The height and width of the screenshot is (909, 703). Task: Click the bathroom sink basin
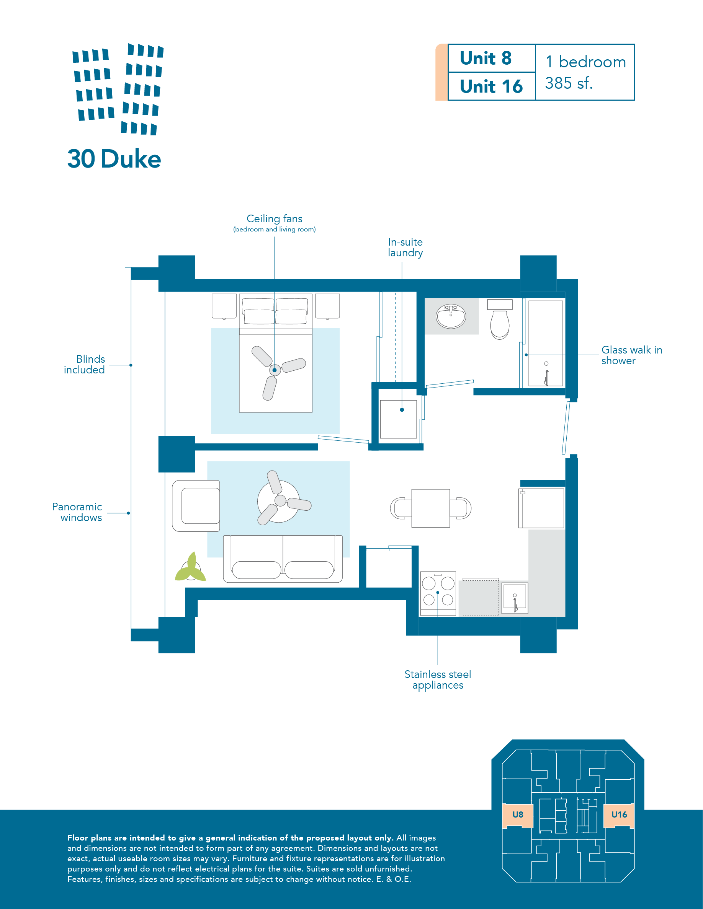pyautogui.click(x=451, y=317)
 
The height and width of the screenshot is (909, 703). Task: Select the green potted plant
pyautogui.click(x=190, y=567)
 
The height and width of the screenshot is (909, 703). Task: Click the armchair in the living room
pyautogui.click(x=196, y=506)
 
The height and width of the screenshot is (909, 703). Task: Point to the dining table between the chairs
pyautogui.click(x=431, y=508)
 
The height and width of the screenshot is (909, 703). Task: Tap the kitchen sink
pyautogui.click(x=515, y=598)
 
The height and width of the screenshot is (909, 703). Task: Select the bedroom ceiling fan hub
pyautogui.click(x=275, y=370)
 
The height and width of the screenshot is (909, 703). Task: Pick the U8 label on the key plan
pyautogui.click(x=518, y=815)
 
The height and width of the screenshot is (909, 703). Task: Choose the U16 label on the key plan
pyautogui.click(x=619, y=815)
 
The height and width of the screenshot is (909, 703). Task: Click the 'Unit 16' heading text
pyautogui.click(x=491, y=86)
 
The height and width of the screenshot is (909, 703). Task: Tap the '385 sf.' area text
pyautogui.click(x=569, y=83)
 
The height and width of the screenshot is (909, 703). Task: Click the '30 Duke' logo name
pyautogui.click(x=114, y=159)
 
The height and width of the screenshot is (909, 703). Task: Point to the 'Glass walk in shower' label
pyautogui.click(x=631, y=355)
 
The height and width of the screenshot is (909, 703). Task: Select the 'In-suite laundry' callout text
pyautogui.click(x=405, y=248)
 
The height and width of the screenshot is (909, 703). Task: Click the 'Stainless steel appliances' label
pyautogui.click(x=438, y=680)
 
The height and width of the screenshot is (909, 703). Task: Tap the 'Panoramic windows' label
pyautogui.click(x=77, y=512)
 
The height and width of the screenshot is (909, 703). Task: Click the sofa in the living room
pyautogui.click(x=283, y=559)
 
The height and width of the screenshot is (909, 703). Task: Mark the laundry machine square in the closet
pyautogui.click(x=399, y=419)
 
